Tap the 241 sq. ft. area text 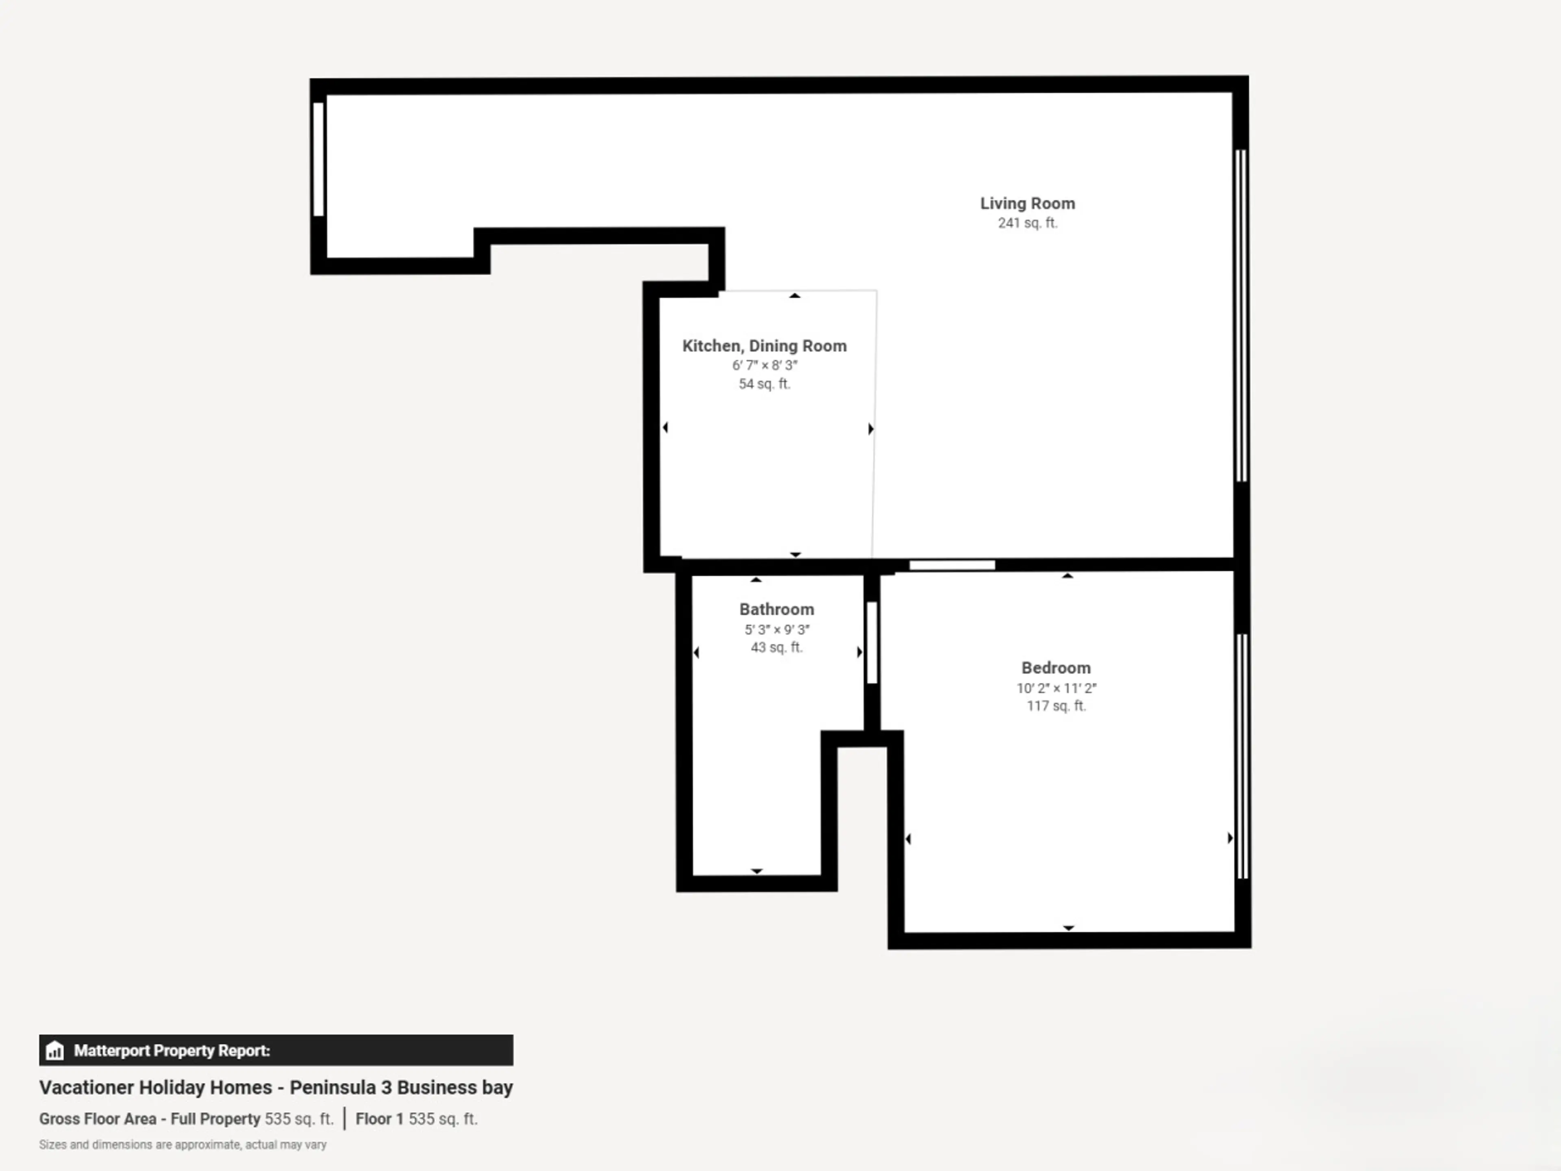click(x=1028, y=223)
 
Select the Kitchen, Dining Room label click(x=764, y=346)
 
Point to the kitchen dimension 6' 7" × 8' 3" click(x=764, y=366)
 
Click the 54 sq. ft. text click(x=764, y=384)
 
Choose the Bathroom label click(x=776, y=609)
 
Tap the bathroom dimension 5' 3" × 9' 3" click(x=776, y=629)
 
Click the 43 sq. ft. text click(x=776, y=647)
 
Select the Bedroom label click(x=1056, y=668)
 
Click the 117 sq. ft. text click(x=1056, y=706)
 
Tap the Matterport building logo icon click(x=54, y=1050)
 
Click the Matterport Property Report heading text click(x=172, y=1050)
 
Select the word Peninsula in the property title click(x=333, y=1087)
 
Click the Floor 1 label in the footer click(x=379, y=1119)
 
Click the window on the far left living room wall click(x=318, y=159)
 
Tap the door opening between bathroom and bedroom click(x=872, y=642)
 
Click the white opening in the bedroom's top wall click(x=952, y=565)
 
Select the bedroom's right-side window click(x=1242, y=756)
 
